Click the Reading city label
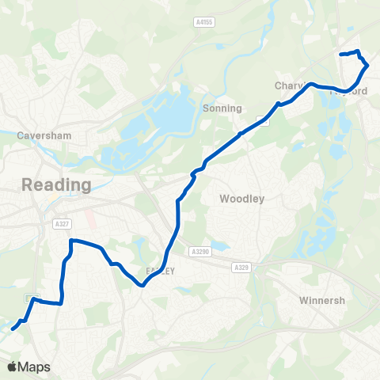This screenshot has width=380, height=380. point(56,184)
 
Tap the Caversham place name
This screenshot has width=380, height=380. point(40,135)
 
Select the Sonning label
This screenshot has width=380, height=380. point(217,108)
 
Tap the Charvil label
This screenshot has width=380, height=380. point(290,85)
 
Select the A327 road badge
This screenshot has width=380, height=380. point(62,223)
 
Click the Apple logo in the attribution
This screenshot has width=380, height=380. point(12,367)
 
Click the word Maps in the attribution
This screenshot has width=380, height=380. point(34,367)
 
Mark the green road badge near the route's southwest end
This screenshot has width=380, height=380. point(32,298)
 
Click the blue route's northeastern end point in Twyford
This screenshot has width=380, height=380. point(340,55)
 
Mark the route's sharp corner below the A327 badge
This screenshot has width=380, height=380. point(71,241)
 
